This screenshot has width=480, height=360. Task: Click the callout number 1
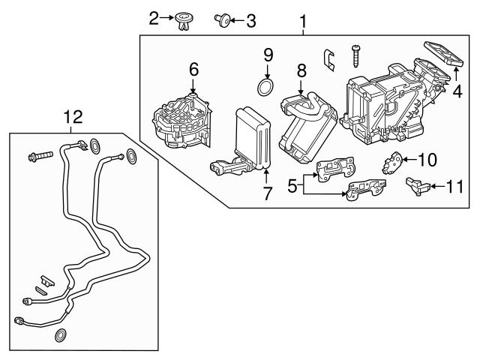pyautogui.click(x=303, y=22)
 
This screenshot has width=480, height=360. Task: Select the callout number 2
pyautogui.click(x=154, y=17)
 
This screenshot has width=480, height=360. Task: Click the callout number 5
pyautogui.click(x=293, y=184)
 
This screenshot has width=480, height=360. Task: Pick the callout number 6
pyautogui.click(x=193, y=69)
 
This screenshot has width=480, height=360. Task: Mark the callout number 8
pyautogui.click(x=301, y=71)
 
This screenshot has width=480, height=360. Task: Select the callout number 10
pyautogui.click(x=426, y=159)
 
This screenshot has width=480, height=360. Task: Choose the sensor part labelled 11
pyautogui.click(x=417, y=185)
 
